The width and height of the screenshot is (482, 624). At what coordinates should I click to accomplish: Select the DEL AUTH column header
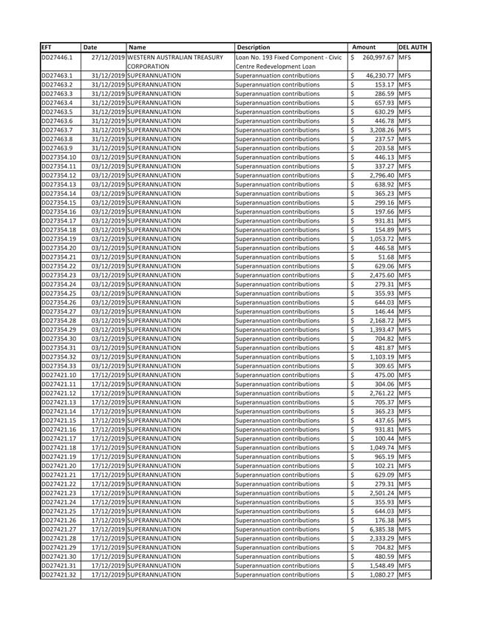414,47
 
